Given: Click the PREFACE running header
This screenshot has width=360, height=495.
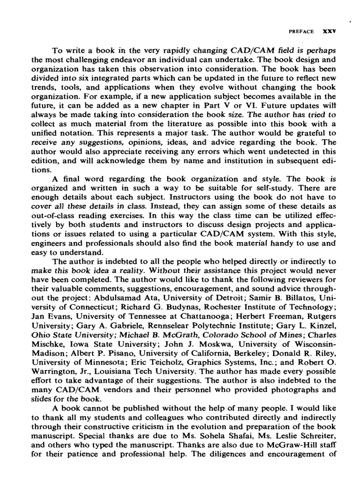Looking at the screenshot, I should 301,32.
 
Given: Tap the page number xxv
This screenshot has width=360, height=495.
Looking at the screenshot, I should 330,32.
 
